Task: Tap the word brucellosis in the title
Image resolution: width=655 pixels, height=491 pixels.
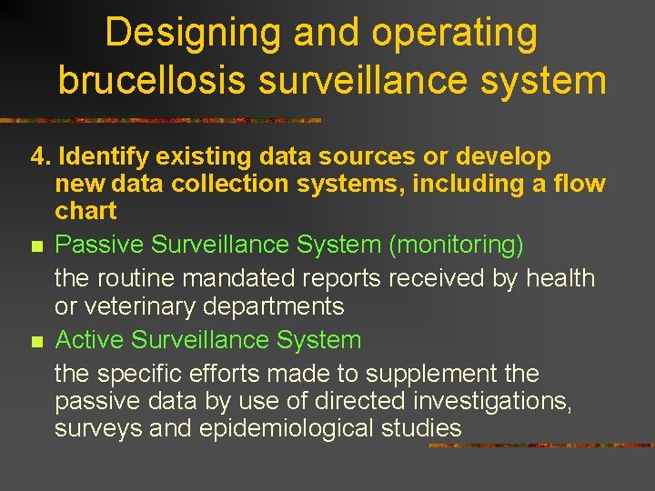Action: click(152, 80)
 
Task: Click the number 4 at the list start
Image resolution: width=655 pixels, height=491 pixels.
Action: click(37, 157)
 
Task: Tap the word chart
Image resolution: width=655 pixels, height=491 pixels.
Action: click(86, 211)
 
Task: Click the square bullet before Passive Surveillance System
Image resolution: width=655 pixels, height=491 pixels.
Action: click(36, 245)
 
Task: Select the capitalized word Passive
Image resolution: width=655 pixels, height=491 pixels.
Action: click(100, 245)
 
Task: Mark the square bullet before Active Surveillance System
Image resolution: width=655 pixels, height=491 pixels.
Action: click(36, 342)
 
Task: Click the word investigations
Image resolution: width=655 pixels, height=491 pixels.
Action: click(490, 401)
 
